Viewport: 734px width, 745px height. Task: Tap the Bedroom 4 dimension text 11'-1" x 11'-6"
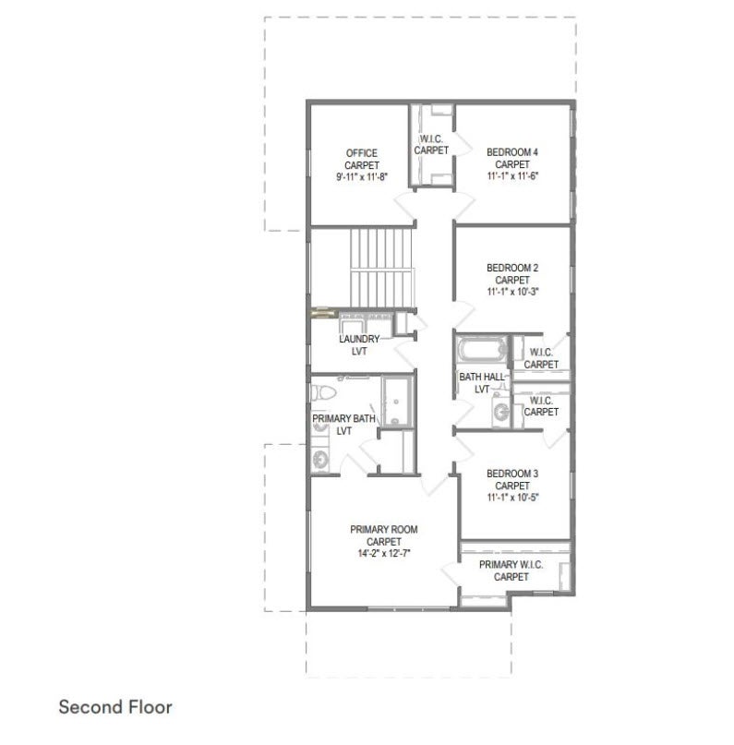click(512, 176)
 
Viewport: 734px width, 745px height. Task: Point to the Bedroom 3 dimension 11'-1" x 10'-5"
click(512, 498)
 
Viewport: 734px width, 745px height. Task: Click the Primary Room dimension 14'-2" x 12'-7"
click(384, 554)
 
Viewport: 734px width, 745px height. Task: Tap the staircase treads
click(382, 268)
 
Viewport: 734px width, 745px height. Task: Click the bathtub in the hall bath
click(481, 350)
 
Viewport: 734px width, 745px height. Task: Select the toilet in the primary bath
click(323, 392)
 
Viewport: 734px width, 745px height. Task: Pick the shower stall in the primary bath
click(398, 401)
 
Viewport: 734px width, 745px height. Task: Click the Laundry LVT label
click(359, 345)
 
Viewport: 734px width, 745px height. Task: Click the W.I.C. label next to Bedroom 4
click(431, 145)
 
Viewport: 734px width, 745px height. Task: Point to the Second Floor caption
click(115, 707)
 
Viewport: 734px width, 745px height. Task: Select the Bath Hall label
click(482, 383)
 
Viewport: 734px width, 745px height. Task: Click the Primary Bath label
click(344, 425)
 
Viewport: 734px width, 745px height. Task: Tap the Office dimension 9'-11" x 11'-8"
click(362, 177)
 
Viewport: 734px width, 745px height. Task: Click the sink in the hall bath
click(500, 412)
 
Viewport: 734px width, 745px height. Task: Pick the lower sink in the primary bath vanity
click(320, 460)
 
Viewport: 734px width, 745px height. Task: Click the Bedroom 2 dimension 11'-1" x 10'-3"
click(512, 292)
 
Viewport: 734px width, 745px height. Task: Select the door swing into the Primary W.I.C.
click(451, 575)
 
